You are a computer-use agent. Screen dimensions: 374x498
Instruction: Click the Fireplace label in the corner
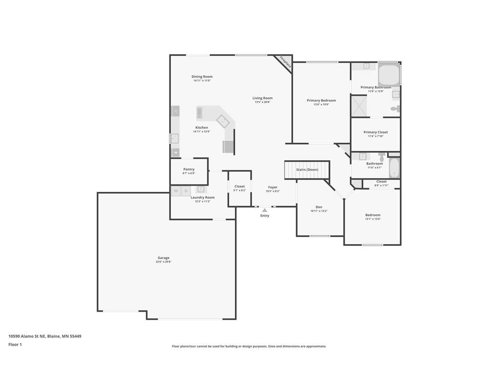[x=285, y=63]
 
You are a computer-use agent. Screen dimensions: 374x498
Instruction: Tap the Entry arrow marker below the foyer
[x=265, y=210]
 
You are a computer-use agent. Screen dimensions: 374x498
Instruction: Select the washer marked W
[x=176, y=191]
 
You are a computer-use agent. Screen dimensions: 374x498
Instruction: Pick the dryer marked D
[x=185, y=191]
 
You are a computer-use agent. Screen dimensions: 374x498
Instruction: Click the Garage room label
[x=163, y=258]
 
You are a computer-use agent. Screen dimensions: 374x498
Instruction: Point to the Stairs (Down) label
[x=307, y=169]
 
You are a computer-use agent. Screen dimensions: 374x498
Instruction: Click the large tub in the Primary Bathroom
[x=389, y=75]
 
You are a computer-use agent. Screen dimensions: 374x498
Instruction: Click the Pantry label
[x=189, y=169]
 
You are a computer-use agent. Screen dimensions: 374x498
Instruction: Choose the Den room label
[x=319, y=206]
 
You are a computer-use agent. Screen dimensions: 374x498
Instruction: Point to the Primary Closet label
[x=375, y=132]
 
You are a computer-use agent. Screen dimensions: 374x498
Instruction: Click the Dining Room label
[x=202, y=76]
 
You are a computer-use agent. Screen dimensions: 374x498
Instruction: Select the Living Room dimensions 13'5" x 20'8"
[x=263, y=102]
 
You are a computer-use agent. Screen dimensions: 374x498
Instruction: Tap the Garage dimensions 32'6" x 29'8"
[x=163, y=262]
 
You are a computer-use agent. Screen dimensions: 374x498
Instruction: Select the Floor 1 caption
[x=15, y=344]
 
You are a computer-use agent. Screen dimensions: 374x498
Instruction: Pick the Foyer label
[x=273, y=187]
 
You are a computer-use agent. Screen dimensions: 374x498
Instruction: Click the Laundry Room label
[x=202, y=197]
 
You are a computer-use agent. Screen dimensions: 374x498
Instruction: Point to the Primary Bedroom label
[x=321, y=100]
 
